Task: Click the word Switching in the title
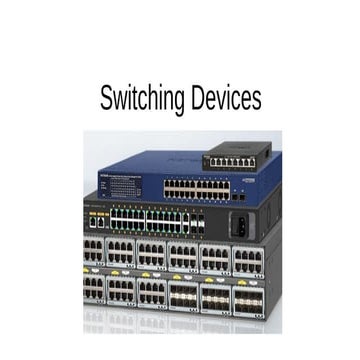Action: pyautogui.click(x=142, y=99)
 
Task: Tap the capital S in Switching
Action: pyautogui.click(x=106, y=99)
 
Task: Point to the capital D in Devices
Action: pyautogui.click(x=198, y=99)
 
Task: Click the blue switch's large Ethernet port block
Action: pyautogui.click(x=196, y=187)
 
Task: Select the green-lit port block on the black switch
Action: pyautogui.click(x=146, y=220)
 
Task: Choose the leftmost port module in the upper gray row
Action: pyautogui.click(x=95, y=253)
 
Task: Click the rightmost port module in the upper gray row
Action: pyautogui.click(x=248, y=257)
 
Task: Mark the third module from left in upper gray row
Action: pyautogui.click(x=152, y=254)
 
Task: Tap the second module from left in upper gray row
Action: pyautogui.click(x=122, y=253)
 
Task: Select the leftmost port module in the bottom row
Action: pyautogui.click(x=95, y=290)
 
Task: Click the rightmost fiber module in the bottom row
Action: pyautogui.click(x=248, y=295)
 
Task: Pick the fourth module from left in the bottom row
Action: pyautogui.click(x=184, y=293)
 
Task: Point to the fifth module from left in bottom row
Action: pyautogui.click(x=216, y=294)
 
